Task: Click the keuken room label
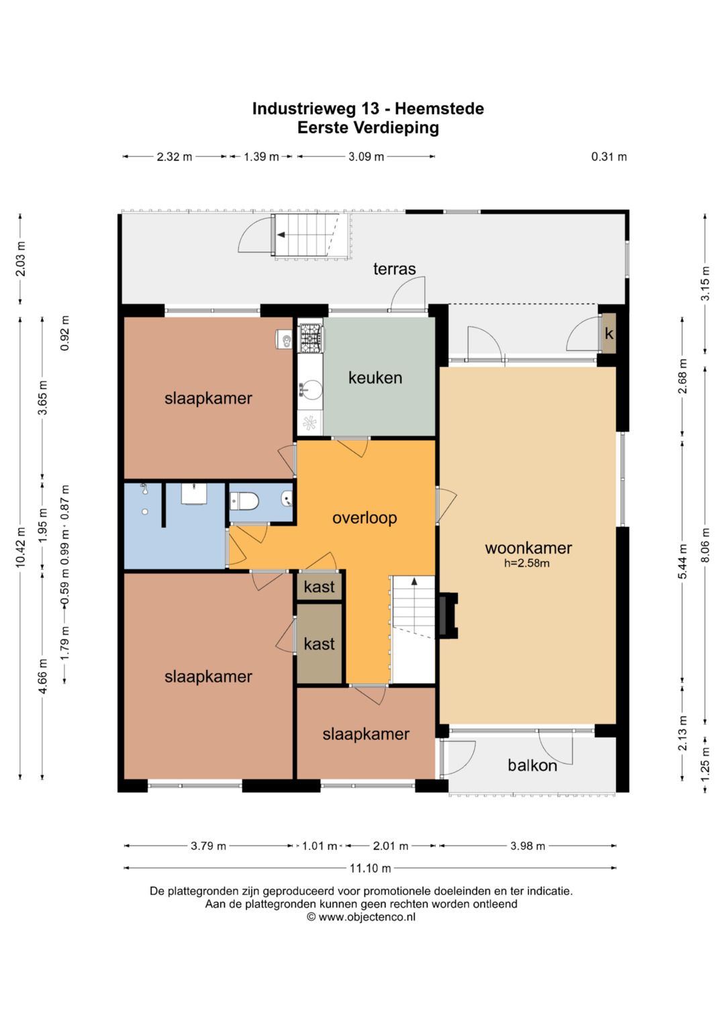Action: (375, 378)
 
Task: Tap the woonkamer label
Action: (528, 548)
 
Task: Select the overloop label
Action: (365, 518)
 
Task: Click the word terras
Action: (394, 269)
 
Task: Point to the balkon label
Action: (532, 765)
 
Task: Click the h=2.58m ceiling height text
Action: (527, 563)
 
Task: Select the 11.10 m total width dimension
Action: (371, 867)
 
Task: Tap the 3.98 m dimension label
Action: (528, 846)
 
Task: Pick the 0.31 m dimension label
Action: (609, 157)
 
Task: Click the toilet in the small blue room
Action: (244, 501)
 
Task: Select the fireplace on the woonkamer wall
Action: (448, 616)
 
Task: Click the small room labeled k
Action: (608, 334)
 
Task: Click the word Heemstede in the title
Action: (440, 109)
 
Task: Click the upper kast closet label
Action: (319, 587)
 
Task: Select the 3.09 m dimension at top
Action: (366, 157)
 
